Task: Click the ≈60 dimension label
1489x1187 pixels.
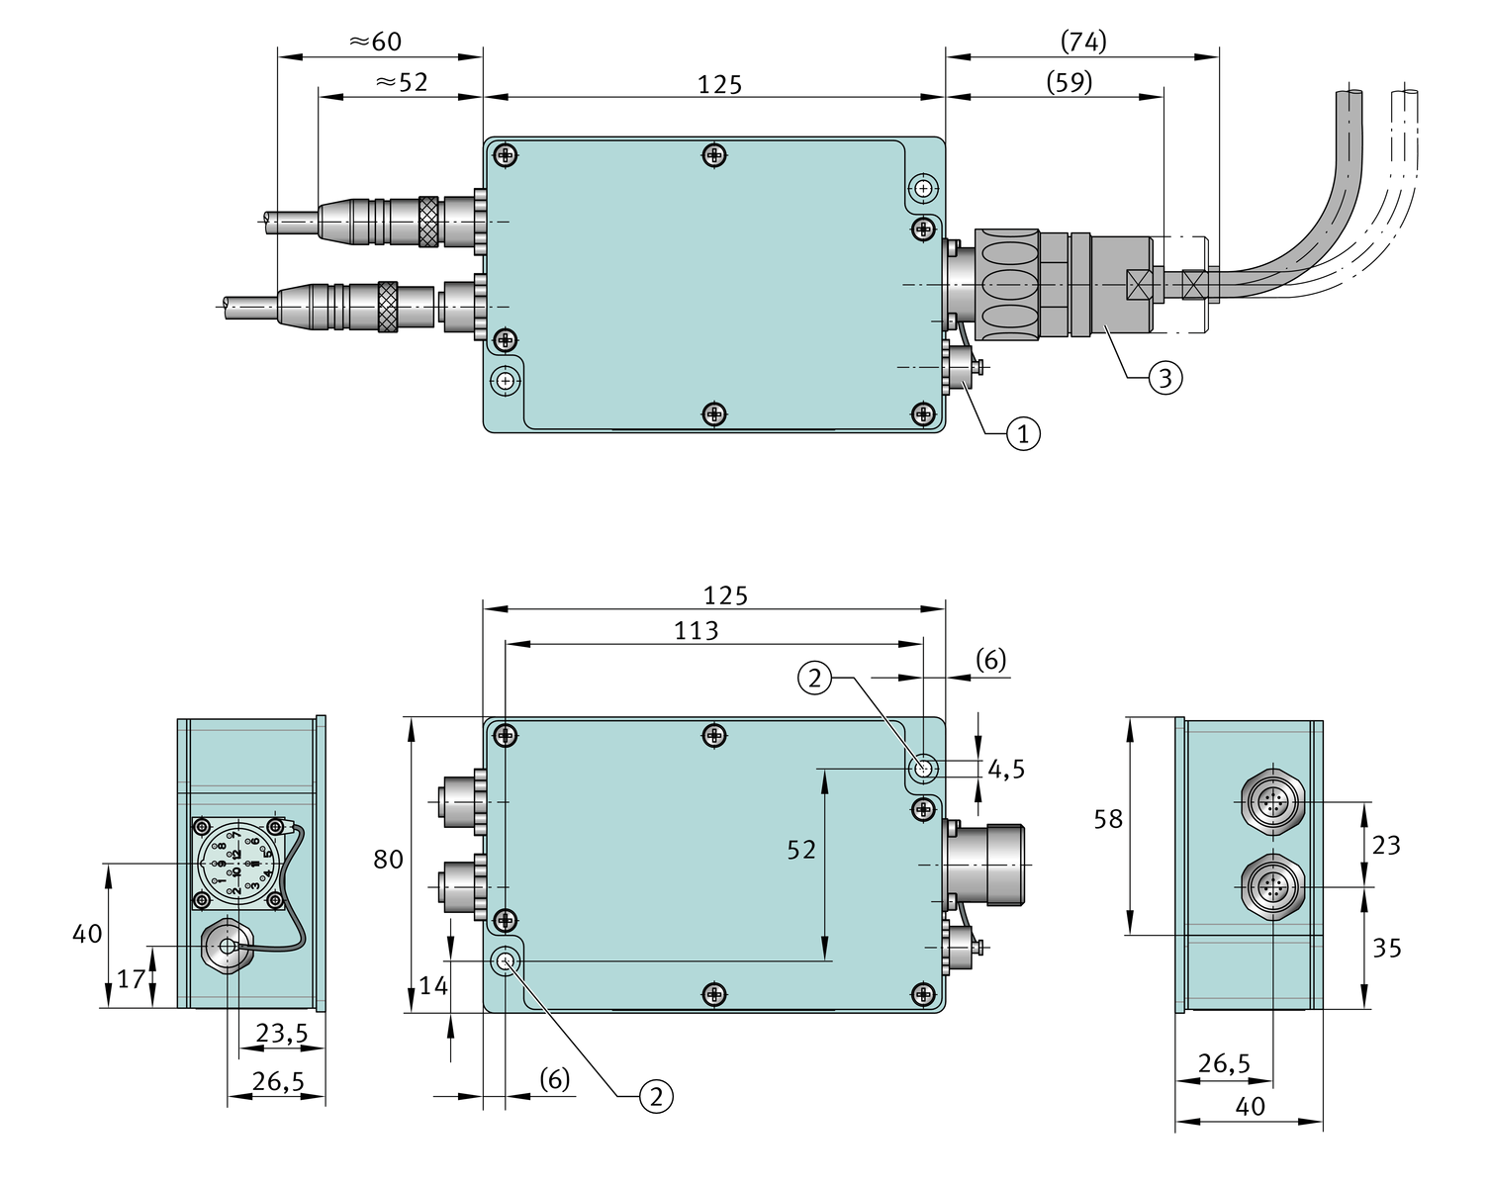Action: pos(376,42)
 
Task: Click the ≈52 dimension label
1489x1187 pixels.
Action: pos(402,82)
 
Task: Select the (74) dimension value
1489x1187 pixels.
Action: pos(1083,42)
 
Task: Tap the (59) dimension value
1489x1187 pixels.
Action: pos(1070,82)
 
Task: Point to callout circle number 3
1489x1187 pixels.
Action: pos(1164,377)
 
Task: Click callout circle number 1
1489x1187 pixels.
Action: pos(1023,433)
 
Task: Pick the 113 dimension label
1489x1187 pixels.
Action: pos(697,631)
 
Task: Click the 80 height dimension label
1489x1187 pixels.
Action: pos(388,860)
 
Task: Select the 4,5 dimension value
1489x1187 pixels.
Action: pos(1006,769)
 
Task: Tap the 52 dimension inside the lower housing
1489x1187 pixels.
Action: pos(801,850)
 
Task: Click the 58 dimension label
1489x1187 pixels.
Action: pos(1108,819)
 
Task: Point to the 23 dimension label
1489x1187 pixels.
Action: pos(1386,845)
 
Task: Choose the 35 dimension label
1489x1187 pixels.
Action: pos(1386,948)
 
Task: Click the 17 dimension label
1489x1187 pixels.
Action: pos(131,979)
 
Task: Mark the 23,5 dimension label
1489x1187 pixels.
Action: pos(282,1034)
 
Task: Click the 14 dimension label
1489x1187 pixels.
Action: pos(433,985)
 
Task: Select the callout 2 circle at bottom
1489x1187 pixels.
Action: pos(656,1096)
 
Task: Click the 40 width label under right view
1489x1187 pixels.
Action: pos(1251,1106)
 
